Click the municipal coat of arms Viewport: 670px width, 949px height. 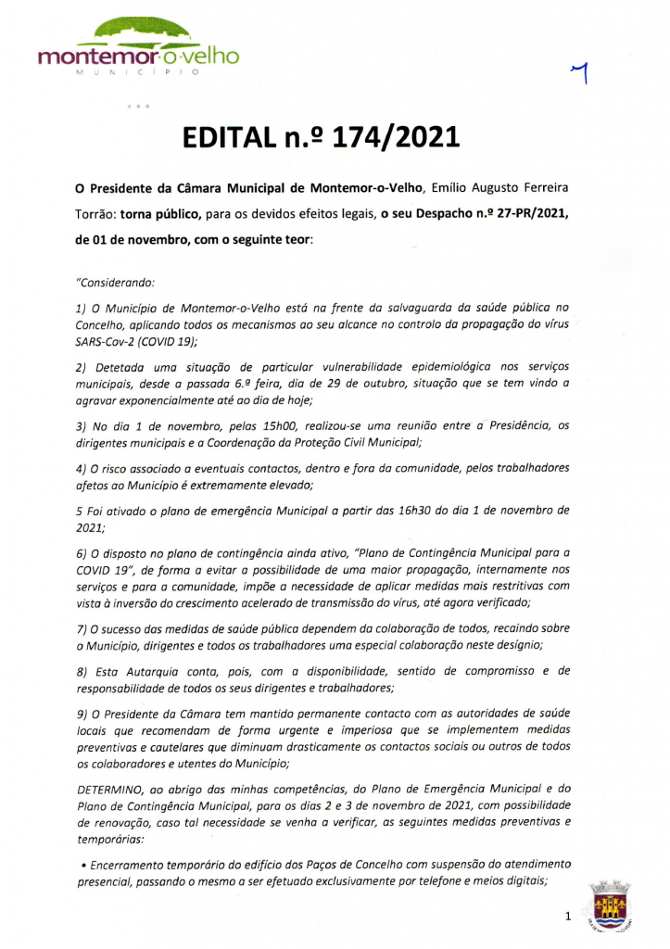point(610,905)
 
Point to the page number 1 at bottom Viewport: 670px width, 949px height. point(567,917)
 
